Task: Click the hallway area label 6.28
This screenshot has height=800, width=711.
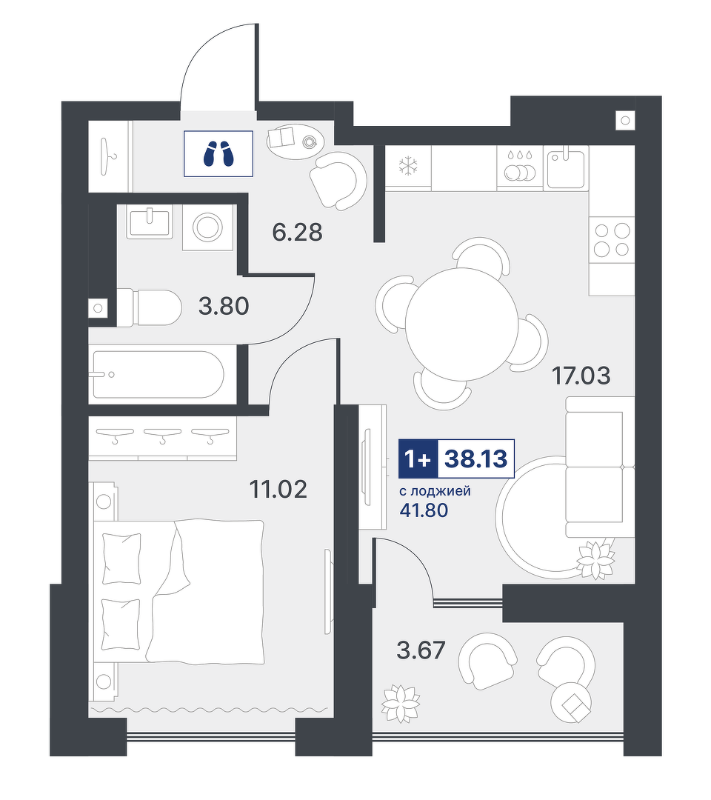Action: click(x=297, y=232)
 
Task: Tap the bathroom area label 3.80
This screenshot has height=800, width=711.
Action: click(x=224, y=306)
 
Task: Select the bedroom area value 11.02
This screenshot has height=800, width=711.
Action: click(x=278, y=489)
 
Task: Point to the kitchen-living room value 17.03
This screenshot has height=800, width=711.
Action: click(x=581, y=376)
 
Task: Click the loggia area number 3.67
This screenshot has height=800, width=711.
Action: click(x=421, y=650)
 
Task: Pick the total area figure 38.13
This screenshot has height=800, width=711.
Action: click(x=476, y=459)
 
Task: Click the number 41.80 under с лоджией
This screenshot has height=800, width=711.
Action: click(x=424, y=510)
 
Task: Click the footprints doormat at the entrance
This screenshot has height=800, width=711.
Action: click(x=218, y=153)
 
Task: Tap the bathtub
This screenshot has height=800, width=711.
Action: click(x=158, y=375)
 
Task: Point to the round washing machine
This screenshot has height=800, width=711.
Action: click(x=207, y=227)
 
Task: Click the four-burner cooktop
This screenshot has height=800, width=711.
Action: click(x=612, y=240)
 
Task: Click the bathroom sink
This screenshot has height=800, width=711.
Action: click(x=150, y=221)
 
